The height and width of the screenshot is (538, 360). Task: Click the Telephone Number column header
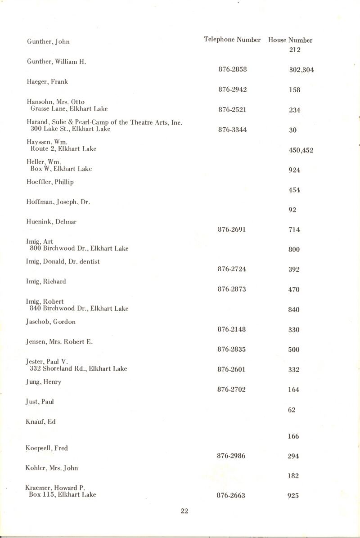click(x=232, y=40)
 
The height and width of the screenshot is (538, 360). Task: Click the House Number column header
click(x=290, y=40)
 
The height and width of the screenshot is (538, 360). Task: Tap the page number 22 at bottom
click(x=184, y=511)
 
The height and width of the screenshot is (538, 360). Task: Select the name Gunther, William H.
click(x=56, y=62)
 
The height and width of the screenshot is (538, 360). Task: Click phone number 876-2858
click(x=233, y=70)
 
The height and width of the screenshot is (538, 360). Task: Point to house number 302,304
click(x=301, y=70)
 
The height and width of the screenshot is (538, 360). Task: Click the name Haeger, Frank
click(x=47, y=82)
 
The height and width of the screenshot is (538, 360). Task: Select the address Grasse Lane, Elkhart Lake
click(x=69, y=108)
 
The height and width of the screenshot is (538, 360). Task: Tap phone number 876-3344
click(x=233, y=130)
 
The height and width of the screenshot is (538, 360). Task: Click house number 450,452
click(x=301, y=150)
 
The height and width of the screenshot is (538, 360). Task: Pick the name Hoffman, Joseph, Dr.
click(x=58, y=202)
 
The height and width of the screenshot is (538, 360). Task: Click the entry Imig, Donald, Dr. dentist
click(x=63, y=262)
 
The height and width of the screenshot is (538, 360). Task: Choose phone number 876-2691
click(x=232, y=229)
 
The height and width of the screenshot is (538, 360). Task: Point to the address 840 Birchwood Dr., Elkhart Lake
click(x=79, y=308)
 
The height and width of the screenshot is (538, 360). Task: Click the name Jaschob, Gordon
click(x=51, y=322)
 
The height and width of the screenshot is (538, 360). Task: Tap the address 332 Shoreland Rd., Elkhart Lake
click(x=78, y=368)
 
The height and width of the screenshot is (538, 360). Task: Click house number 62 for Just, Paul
click(x=292, y=410)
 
